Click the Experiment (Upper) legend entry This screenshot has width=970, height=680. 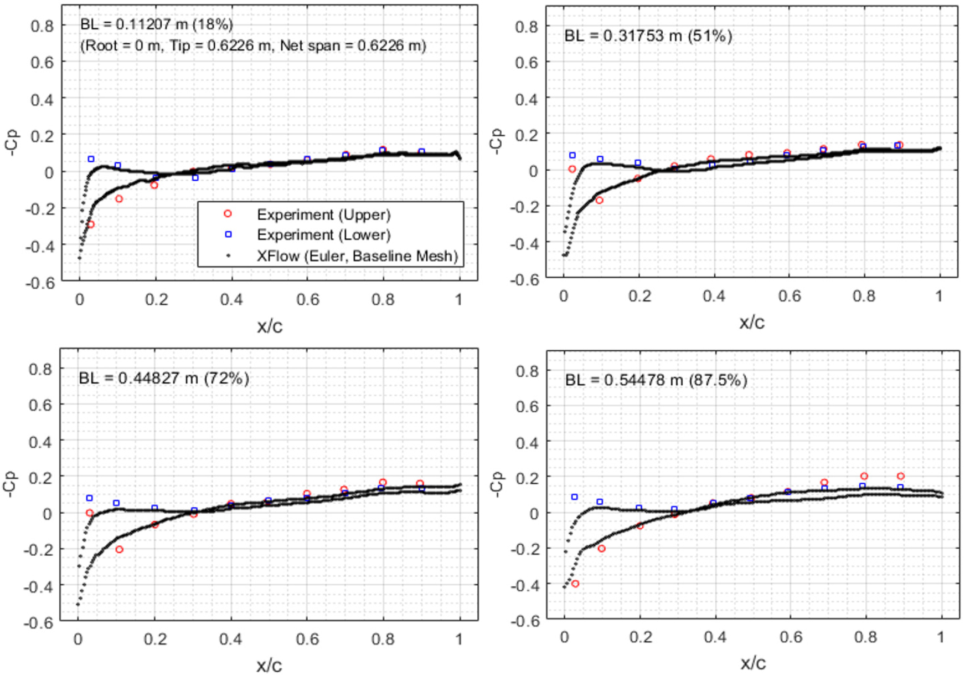pos(323,214)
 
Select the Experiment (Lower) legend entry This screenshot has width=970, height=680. pos(323,235)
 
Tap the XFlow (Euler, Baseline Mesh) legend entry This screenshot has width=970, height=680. pos(357,256)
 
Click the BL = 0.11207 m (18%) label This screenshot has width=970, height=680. pos(157,24)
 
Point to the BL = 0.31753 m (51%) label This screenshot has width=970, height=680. pos(648,36)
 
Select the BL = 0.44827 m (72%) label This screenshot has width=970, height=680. pos(164,379)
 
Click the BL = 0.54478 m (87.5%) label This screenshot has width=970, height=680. pos(656,380)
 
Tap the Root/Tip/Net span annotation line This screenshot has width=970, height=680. pos(253,45)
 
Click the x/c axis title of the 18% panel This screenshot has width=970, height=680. pos(270,326)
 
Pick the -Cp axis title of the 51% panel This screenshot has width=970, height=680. pos(497,141)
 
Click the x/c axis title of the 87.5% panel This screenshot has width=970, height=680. pos(753,663)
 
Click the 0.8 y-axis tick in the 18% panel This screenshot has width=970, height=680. pos(42,26)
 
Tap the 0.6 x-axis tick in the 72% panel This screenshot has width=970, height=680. pos(307,639)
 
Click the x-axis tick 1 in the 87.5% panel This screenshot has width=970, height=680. pos(941,637)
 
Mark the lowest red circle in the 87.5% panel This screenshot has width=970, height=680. pos(575,584)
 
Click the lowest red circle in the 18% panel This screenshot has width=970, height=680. pos(91,224)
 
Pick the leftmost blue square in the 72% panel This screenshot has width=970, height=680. pos(90,498)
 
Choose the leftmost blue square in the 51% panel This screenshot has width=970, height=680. pos(572,156)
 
